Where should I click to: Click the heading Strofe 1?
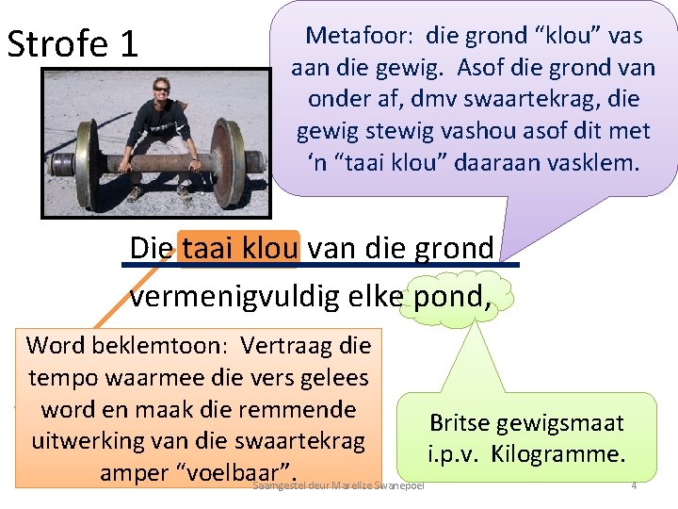[x=72, y=43]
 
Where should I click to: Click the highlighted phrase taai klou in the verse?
[x=239, y=248]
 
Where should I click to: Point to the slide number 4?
[x=634, y=485]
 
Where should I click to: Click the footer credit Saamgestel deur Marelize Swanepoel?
[x=339, y=485]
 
